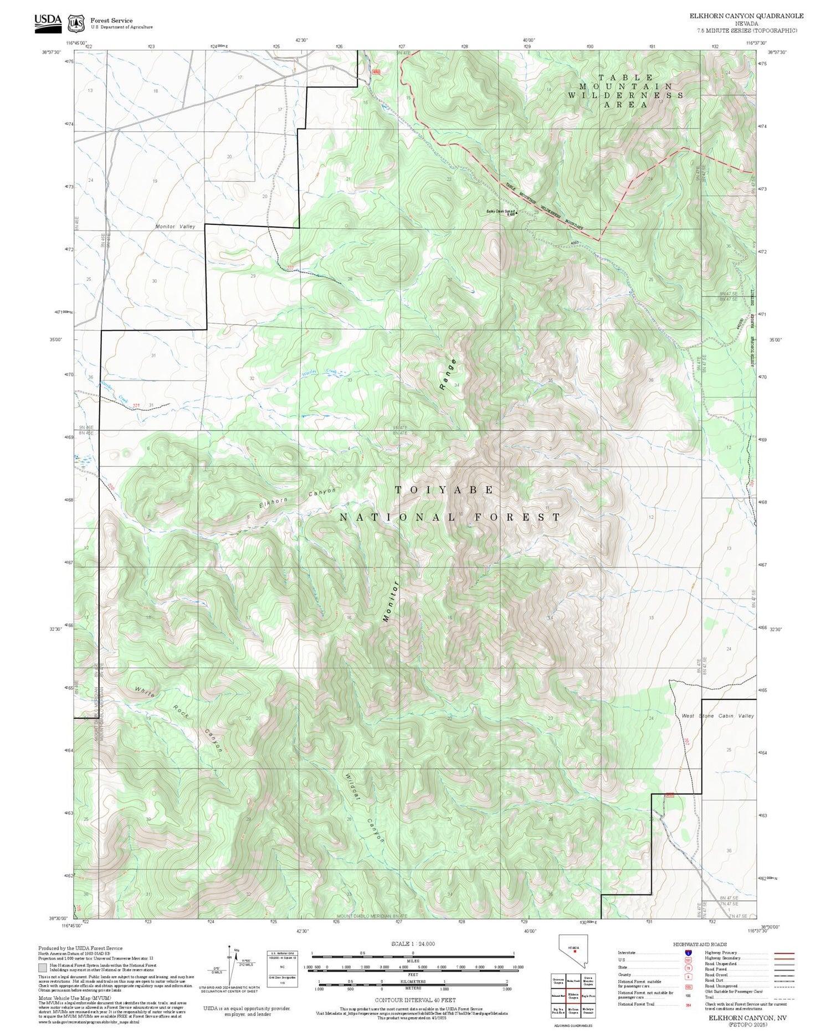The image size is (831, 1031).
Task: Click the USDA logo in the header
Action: pos(48,22)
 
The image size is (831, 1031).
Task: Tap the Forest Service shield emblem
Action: pos(76,24)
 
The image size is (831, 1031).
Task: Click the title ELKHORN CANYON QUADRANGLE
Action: pos(746,16)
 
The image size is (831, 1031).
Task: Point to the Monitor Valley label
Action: pos(175,226)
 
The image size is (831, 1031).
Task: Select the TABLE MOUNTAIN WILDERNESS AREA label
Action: pos(625,91)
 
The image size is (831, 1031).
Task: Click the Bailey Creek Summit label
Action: pos(501,211)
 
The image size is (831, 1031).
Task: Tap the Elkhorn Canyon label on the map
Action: pos(297,498)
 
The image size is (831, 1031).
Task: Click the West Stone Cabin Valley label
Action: pos(717,715)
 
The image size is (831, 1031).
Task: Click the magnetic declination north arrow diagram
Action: pos(229,964)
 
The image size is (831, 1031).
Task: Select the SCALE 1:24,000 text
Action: pos(413,944)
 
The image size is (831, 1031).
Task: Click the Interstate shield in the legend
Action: pos(688,952)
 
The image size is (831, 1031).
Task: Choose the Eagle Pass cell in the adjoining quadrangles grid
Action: pos(588,994)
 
